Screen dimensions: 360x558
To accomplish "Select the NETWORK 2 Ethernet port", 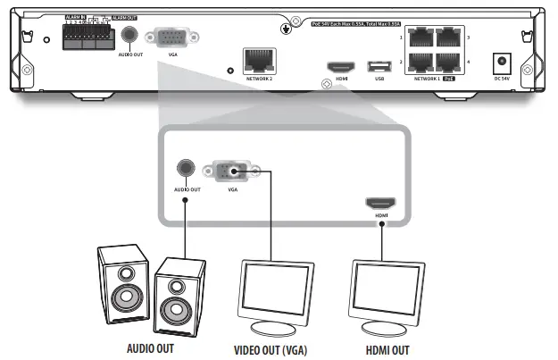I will tap(258, 61).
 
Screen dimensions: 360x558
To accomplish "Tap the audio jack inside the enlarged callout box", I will tap(186, 168).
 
